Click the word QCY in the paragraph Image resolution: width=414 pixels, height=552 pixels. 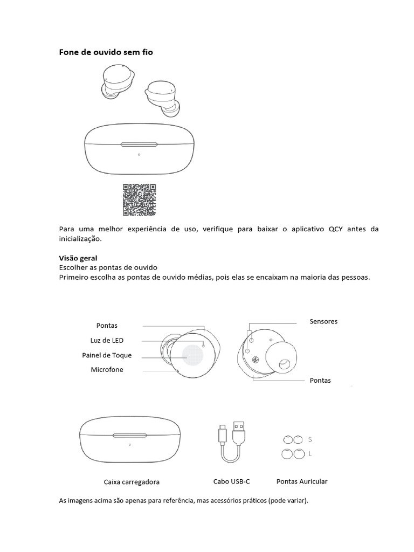(335, 229)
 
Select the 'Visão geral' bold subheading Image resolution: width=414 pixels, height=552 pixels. (78, 258)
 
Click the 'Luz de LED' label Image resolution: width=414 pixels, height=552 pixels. (107, 340)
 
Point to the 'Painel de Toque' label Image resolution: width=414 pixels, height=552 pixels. (107, 355)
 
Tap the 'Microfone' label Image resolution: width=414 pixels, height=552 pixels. (107, 370)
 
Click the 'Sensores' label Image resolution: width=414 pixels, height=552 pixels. (323, 321)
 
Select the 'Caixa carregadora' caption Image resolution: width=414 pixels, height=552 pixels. (132, 482)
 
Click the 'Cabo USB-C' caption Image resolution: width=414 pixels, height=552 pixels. (232, 481)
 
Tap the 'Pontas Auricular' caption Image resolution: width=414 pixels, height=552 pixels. (302, 481)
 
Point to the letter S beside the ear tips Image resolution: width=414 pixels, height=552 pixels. (310, 439)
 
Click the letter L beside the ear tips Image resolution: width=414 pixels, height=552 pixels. (310, 454)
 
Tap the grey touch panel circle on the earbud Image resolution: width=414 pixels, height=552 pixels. (192, 356)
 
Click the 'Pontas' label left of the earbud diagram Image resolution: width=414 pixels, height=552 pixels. (107, 326)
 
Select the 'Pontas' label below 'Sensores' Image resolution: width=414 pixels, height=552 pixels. (320, 380)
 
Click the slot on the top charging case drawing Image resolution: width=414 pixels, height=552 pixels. (139, 144)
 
